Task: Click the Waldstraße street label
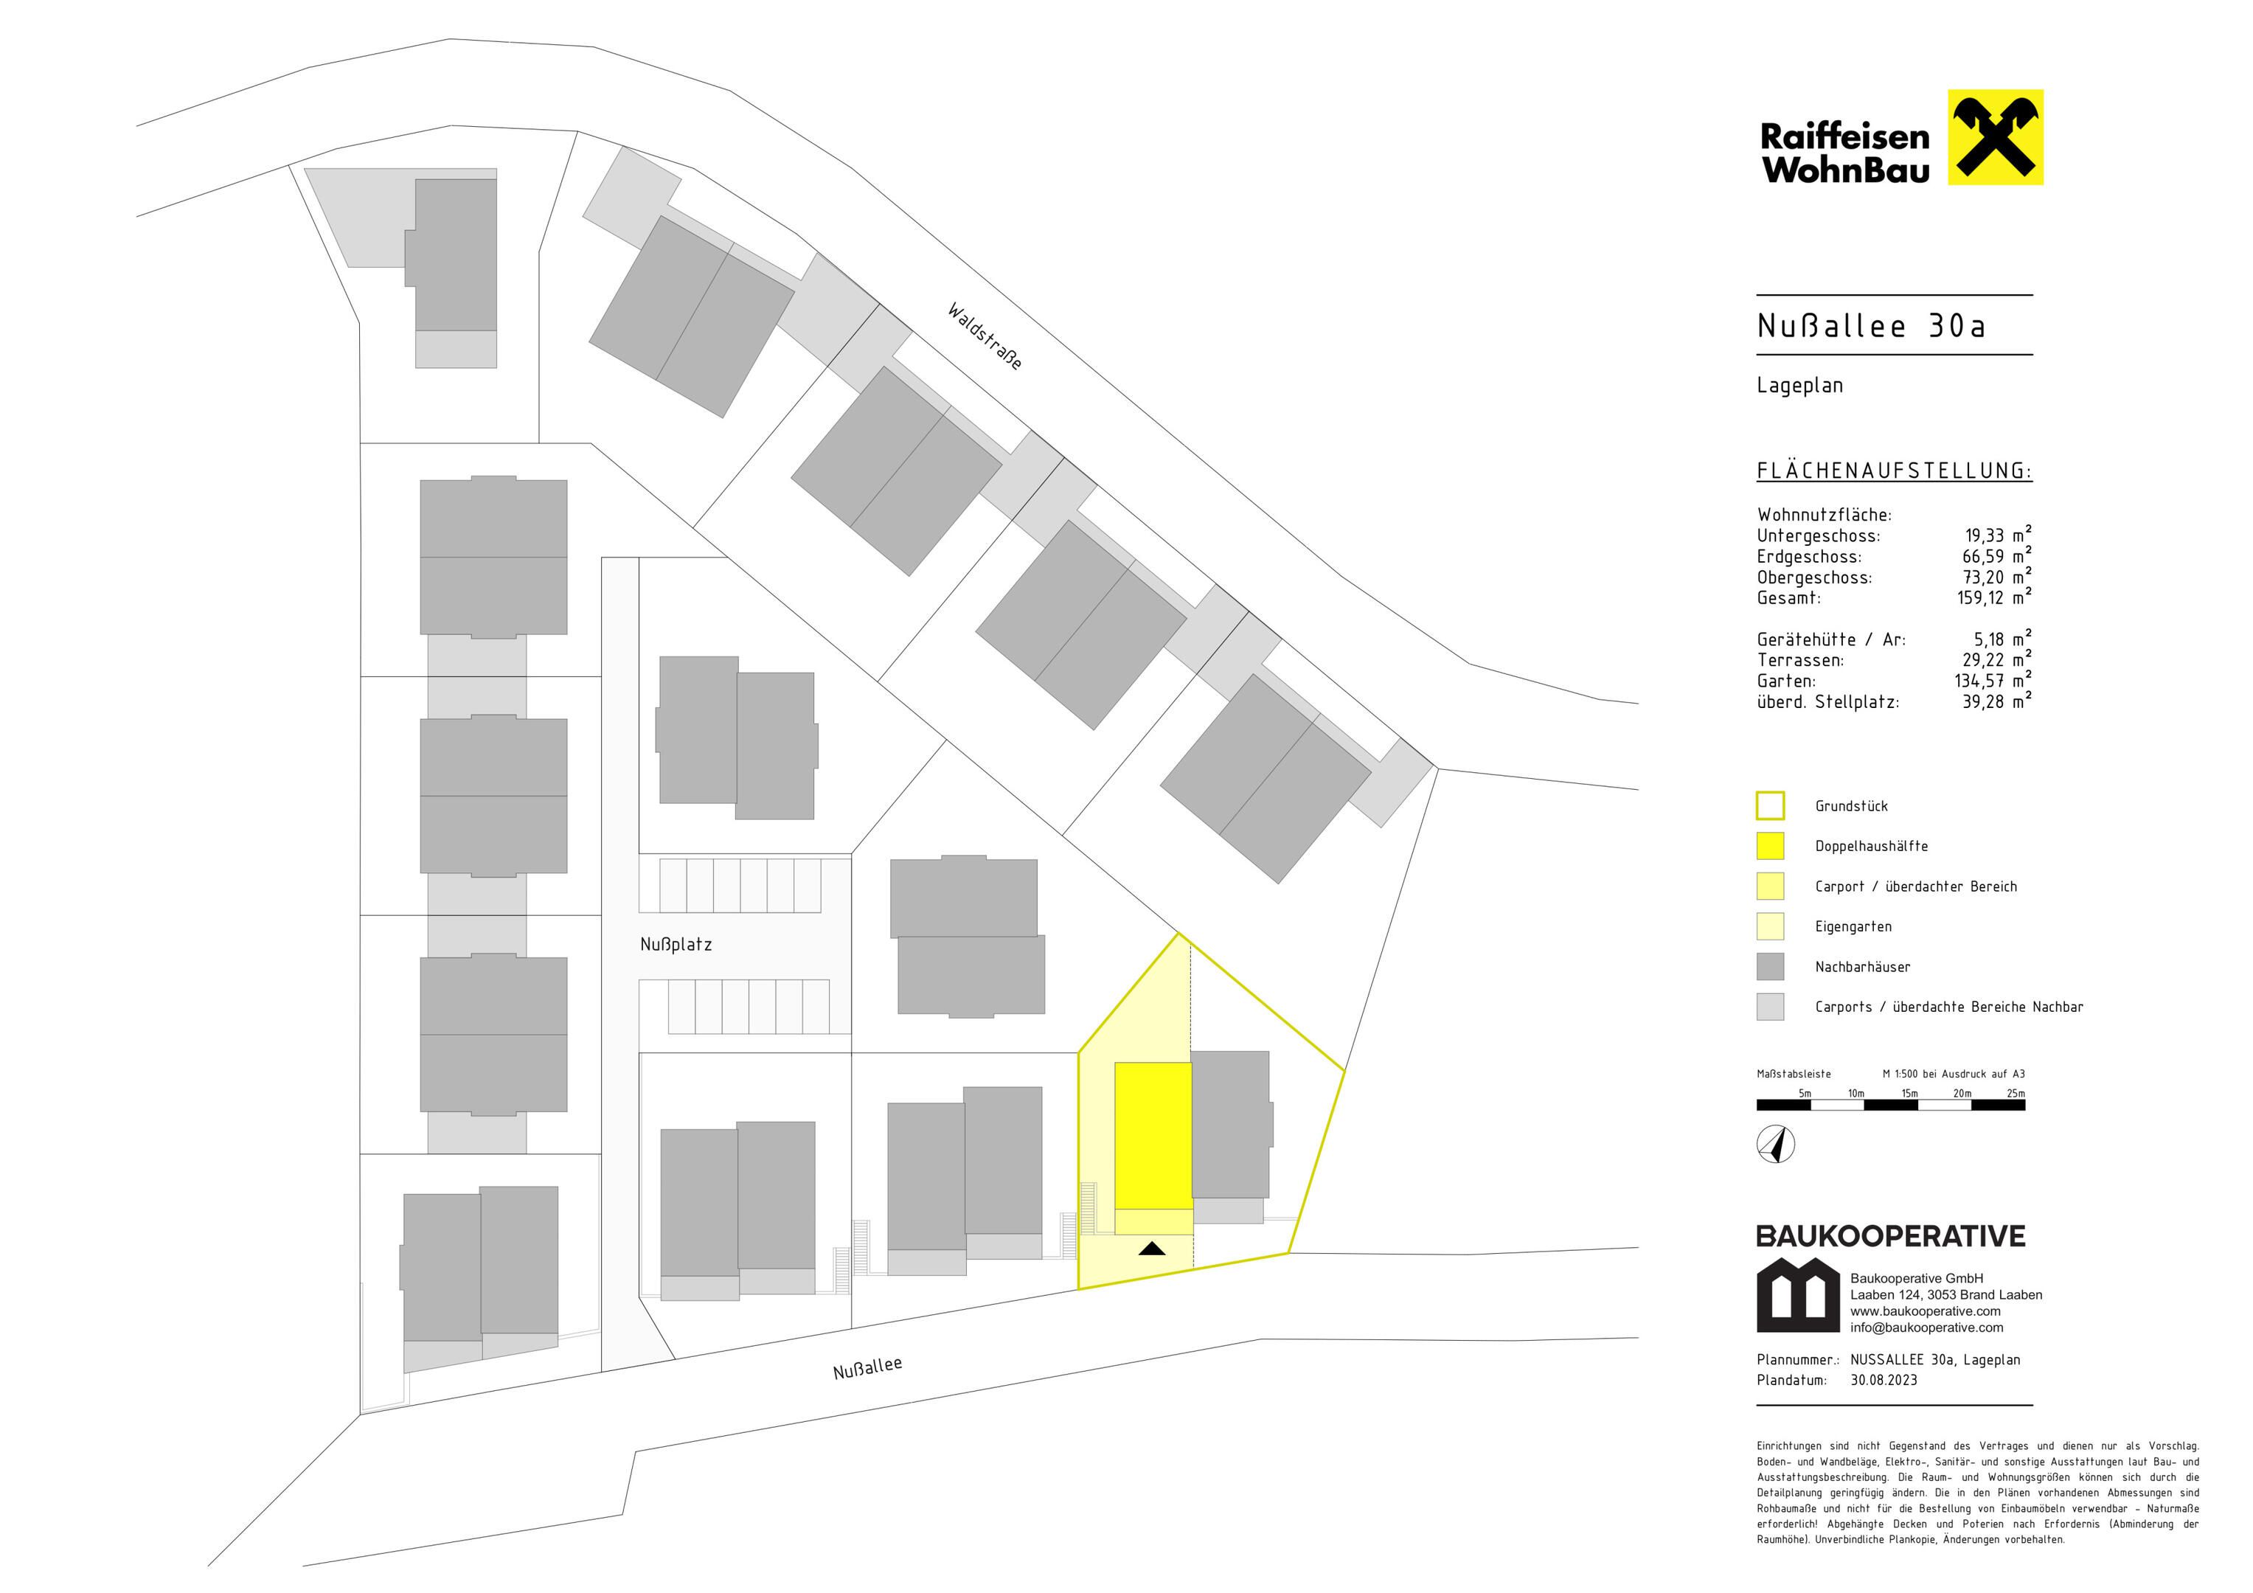[x=985, y=336]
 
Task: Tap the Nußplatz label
[x=676, y=944]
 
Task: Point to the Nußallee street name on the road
[x=867, y=1367]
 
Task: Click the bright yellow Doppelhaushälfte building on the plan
[x=1153, y=1136]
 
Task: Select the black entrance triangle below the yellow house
[x=1152, y=1249]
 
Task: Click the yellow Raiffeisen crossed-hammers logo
[x=1995, y=137]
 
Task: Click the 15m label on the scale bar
[x=1909, y=1094]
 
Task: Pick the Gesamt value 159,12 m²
[x=1994, y=597]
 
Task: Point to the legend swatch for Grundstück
[x=1770, y=806]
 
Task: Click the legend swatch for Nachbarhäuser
[x=1770, y=967]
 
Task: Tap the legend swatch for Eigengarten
[x=1770, y=926]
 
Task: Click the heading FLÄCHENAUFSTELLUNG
[x=1894, y=471]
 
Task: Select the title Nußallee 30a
[x=1871, y=326]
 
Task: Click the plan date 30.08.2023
[x=1884, y=1380]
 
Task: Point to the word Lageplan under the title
[x=1799, y=386]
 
